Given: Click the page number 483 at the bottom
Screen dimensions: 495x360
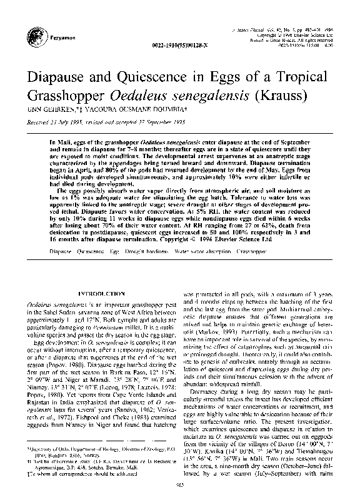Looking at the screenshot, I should click(x=180, y=484).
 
